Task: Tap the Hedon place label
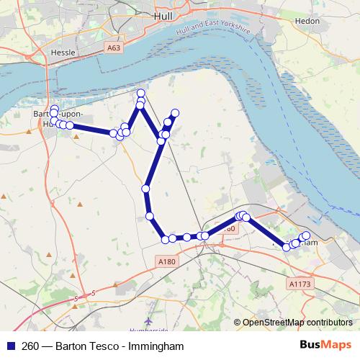coord(307,22)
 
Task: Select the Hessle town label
coord(63,53)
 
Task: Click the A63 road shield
coord(112,48)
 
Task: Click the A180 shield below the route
coord(166,261)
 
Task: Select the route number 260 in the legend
coord(30,346)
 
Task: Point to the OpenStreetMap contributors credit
coord(297,323)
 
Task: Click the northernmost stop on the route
coord(141,94)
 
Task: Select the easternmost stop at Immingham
coord(306,235)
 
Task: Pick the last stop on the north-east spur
coord(174,112)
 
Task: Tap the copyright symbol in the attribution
coord(237,323)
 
